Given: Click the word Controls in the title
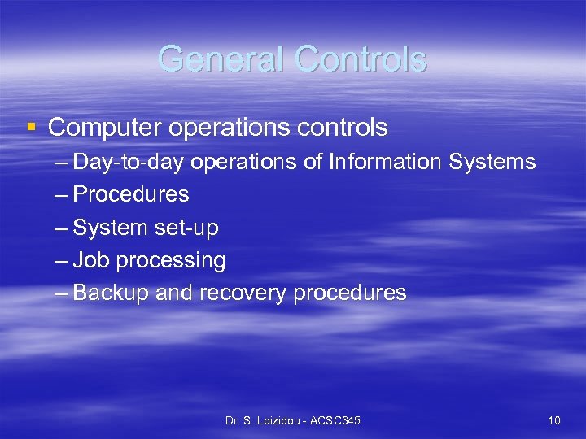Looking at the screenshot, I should click(361, 59).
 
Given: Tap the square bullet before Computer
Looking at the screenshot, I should click(31, 127).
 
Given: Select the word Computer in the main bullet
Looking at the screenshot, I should click(102, 128).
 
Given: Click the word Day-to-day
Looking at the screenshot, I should click(130, 163).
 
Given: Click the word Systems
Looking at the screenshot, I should click(492, 163).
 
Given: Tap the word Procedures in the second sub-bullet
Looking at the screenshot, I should click(130, 195).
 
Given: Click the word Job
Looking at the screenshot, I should click(91, 261).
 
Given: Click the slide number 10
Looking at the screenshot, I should click(554, 420).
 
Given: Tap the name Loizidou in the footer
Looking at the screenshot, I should click(281, 420).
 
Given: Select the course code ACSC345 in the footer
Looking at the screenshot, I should click(337, 420).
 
